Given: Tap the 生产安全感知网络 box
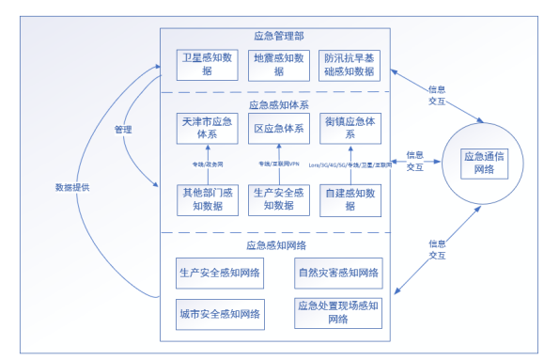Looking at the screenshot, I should (x=221, y=273).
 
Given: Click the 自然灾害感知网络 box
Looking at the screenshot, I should (x=337, y=273).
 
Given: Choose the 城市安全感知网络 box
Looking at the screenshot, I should (x=221, y=312).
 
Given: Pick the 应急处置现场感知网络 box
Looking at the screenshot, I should (x=337, y=312).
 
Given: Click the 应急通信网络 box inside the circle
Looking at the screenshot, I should (x=483, y=162).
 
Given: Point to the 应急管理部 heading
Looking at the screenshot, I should (x=279, y=37).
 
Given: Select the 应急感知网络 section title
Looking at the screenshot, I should (x=279, y=244).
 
